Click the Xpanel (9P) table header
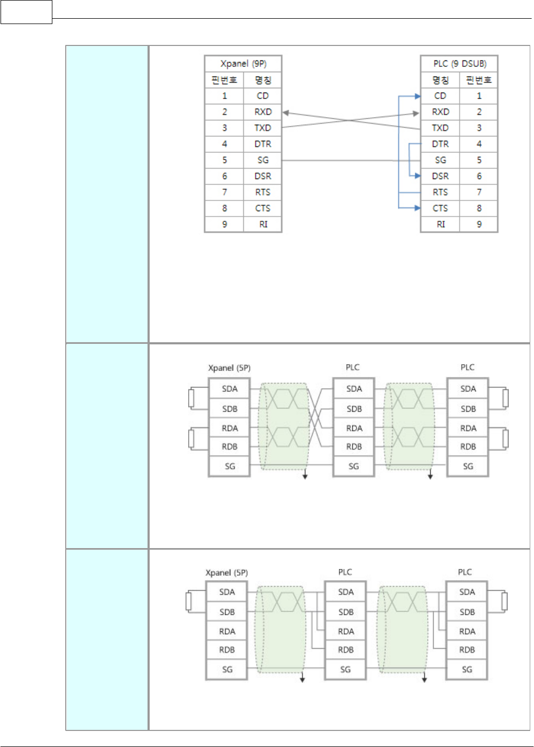243,64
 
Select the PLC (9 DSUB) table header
459,64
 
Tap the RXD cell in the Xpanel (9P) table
262,112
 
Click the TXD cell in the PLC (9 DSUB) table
440,128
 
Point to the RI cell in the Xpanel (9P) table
262,224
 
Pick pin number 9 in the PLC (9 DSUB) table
479,224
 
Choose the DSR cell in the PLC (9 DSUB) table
440,176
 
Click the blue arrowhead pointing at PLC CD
417,96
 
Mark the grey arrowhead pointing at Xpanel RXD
286,113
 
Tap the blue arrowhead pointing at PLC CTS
417,208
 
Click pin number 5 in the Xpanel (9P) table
225,160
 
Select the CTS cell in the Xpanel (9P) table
262,208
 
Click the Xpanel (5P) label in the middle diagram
229,368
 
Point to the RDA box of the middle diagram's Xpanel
230,428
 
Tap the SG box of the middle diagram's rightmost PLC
468,466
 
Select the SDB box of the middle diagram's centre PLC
354,409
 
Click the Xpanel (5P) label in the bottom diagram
227,573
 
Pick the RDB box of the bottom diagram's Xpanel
227,650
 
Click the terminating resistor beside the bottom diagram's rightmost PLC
504,602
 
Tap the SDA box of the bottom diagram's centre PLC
346,592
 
